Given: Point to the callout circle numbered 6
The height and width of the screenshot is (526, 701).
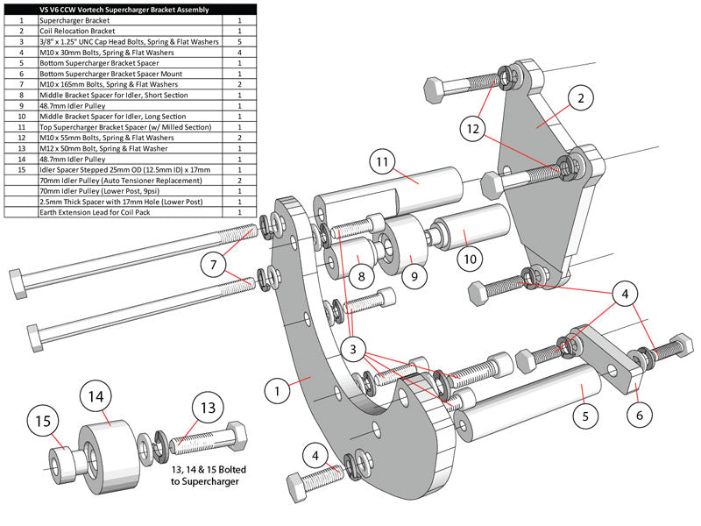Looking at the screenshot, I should (639, 412).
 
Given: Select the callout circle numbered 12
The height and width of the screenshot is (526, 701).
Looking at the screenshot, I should (472, 129).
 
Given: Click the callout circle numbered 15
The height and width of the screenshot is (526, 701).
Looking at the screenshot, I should (43, 422).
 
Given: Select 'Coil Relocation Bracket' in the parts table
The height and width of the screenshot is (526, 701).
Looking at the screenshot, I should (77, 29).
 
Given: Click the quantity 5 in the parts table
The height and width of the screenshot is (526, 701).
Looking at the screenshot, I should (238, 40).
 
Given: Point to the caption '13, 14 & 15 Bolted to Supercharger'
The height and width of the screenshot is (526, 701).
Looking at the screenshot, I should (208, 474).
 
